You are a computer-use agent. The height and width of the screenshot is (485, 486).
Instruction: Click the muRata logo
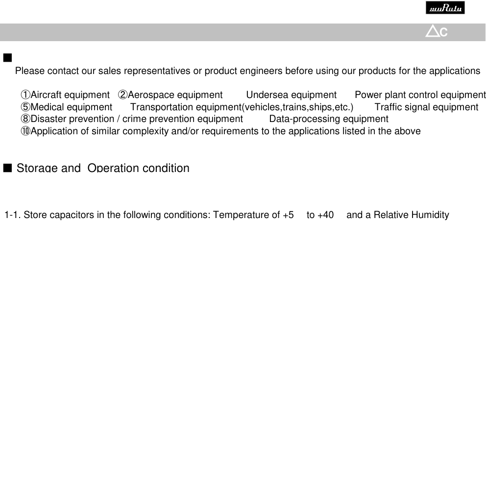[x=445, y=8]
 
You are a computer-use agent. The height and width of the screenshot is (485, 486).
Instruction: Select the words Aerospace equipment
[x=175, y=95]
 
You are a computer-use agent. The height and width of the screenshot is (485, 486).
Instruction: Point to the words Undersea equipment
[x=291, y=95]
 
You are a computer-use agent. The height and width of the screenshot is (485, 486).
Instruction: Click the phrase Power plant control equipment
[x=420, y=95]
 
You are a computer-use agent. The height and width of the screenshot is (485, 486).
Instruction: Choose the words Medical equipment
[x=72, y=107]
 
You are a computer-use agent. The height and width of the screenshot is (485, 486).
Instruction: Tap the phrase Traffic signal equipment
[x=426, y=107]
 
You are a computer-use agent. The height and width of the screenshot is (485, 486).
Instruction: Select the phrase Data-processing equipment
[x=329, y=119]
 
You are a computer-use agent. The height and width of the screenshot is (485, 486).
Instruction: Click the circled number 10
[x=25, y=131]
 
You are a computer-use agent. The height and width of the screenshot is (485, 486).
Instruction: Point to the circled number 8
[x=25, y=119]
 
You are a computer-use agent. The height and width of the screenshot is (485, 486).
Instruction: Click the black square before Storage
[x=7, y=168]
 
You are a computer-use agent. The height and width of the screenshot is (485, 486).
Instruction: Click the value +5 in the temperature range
[x=289, y=215]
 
